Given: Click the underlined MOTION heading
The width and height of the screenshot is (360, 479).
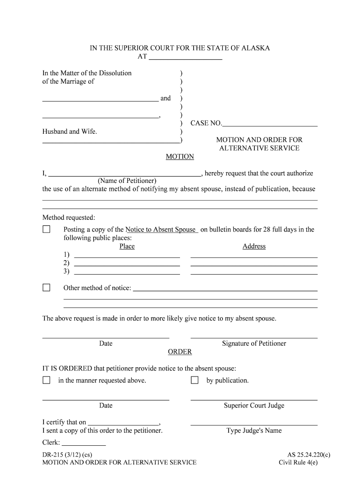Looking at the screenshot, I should pos(180,157).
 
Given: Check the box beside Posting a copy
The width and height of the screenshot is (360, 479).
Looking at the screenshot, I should pos(46,230).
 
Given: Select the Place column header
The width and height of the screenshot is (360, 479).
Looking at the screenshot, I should pos(127,247).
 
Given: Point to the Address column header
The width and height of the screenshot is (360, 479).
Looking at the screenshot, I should pos(254,247).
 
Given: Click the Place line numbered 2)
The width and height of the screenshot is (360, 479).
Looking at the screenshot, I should pos(127,263).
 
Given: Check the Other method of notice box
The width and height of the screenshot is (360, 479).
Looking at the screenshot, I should pos(46,288).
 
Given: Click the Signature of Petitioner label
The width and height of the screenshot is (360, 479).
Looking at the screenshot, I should pos(254,343).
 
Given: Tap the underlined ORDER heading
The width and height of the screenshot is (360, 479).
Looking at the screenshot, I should pos(180,352).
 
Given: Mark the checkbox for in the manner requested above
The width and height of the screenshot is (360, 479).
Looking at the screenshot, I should pos(46,380).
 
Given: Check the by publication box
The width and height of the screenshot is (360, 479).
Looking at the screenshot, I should pos(194,380).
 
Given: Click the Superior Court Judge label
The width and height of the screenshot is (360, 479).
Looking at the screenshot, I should pos(254,406).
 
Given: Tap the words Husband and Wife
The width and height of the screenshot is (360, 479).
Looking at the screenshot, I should pos(70,132).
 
